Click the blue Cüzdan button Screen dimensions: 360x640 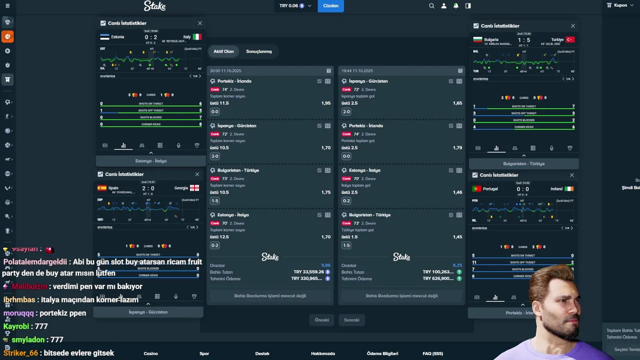(x=330, y=6)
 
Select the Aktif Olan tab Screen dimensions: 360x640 (x=223, y=51)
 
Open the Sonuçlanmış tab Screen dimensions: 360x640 (x=258, y=51)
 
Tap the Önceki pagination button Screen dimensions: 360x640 (x=321, y=320)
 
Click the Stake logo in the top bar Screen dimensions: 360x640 (x=154, y=6)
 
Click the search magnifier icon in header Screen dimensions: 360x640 (x=431, y=6)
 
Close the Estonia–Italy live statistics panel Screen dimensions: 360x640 (x=200, y=23)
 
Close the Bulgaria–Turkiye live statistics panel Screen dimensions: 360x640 (x=572, y=26)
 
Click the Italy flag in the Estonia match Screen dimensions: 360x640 (x=197, y=37)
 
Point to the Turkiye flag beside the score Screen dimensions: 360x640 (x=570, y=39)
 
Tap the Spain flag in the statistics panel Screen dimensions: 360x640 (x=102, y=188)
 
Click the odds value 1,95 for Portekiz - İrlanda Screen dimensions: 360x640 (x=325, y=103)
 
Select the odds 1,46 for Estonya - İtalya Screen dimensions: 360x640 (x=457, y=192)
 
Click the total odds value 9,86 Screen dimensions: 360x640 (x=325, y=265)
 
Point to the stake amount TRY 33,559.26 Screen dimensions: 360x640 (x=308, y=272)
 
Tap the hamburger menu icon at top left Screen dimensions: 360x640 (x=7, y=6)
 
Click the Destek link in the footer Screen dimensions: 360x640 (x=262, y=353)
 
